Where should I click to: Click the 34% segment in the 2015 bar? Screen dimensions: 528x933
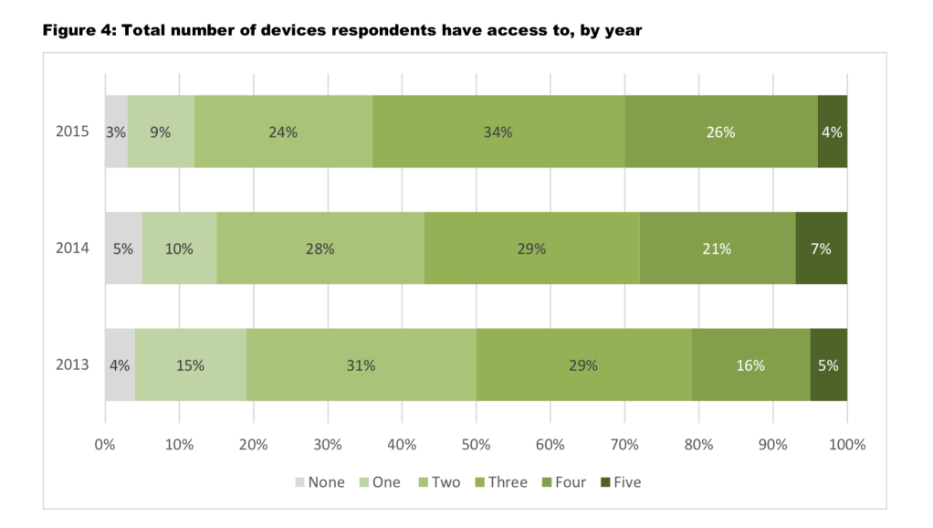tap(498, 132)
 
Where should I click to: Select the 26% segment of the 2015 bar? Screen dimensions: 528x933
tap(720, 132)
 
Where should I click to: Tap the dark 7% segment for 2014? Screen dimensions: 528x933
tap(821, 248)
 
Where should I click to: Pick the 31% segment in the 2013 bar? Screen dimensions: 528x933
tap(361, 365)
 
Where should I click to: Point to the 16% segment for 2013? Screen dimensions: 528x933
tap(750, 365)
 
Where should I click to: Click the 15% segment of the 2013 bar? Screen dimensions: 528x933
tap(191, 365)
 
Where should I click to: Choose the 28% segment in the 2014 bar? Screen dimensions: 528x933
tap(320, 248)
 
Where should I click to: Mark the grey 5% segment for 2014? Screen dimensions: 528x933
tap(123, 248)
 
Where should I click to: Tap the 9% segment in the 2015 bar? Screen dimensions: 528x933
tap(161, 132)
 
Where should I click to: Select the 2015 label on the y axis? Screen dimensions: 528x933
tap(72, 132)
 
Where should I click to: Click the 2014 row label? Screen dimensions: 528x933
tap(72, 248)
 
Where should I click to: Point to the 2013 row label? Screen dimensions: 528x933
tap(72, 365)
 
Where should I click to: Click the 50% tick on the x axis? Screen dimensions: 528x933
tap(477, 445)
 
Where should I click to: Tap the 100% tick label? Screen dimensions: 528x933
tap(846, 445)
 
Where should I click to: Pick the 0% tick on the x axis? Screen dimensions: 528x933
tap(105, 445)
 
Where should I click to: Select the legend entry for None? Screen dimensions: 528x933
tap(319, 482)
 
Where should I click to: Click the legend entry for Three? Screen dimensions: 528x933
tap(498, 482)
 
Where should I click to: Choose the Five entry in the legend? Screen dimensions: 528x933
tap(620, 482)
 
